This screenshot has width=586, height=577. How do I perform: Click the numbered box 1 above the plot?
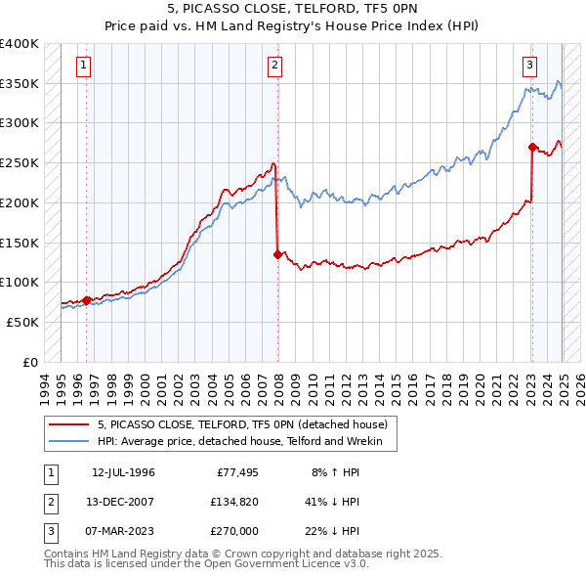85,67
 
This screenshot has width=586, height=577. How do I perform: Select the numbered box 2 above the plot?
275,67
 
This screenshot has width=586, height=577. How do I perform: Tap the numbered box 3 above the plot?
529,67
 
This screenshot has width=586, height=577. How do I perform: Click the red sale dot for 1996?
86,300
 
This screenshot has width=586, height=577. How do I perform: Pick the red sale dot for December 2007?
277,254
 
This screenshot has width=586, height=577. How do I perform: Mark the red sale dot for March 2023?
532,148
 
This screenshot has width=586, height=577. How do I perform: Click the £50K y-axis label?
22,322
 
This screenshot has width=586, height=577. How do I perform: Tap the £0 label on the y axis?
30,362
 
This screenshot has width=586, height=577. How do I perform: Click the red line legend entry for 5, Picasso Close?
243,424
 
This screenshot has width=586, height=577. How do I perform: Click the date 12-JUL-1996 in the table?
123,473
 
